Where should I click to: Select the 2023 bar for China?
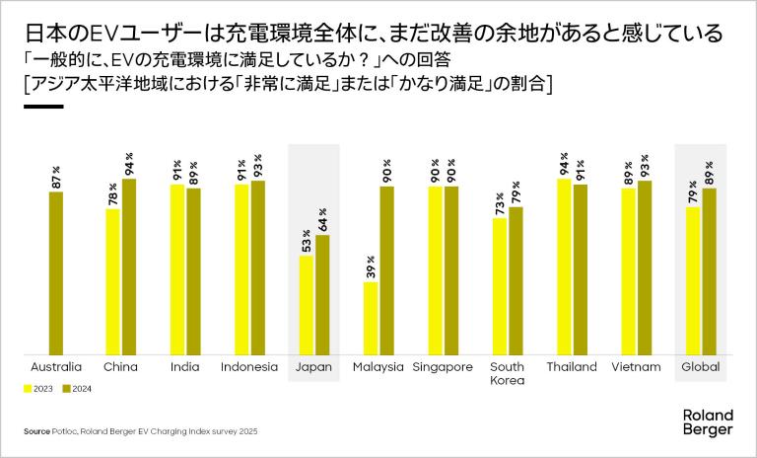(x=112, y=281)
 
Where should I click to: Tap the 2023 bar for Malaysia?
(x=371, y=318)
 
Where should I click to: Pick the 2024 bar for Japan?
(x=322, y=294)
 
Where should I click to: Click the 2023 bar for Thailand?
(x=564, y=266)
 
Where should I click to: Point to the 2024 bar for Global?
(x=709, y=270)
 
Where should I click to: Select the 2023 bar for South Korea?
(x=500, y=286)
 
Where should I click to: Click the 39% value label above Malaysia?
(x=371, y=267)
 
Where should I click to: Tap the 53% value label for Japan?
(x=307, y=240)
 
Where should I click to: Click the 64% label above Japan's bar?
(x=322, y=220)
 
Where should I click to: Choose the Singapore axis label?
(x=443, y=367)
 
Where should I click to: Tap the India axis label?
(x=184, y=367)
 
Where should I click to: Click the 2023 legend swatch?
(x=28, y=388)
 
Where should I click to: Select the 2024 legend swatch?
(x=68, y=388)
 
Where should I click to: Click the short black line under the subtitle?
(x=42, y=107)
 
